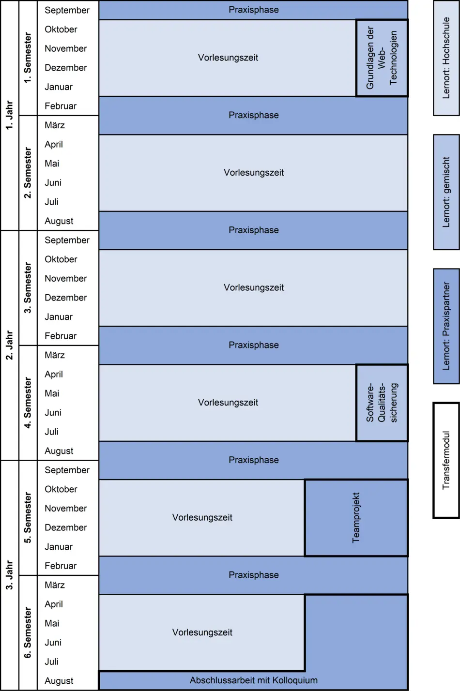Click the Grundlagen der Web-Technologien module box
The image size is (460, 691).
click(382, 58)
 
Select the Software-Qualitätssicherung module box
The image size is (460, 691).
click(382, 403)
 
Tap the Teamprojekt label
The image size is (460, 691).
click(356, 518)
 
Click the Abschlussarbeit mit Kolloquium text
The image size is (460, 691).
click(254, 680)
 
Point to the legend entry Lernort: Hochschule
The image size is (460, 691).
click(446, 58)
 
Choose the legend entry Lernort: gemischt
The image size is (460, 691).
click(446, 192)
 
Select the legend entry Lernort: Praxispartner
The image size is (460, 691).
click(446, 326)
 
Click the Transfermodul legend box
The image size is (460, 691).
click(446, 460)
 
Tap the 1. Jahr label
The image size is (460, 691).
click(9, 115)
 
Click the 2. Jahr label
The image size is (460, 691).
click(9, 345)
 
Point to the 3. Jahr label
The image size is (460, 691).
click(9, 575)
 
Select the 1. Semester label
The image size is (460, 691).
click(28, 58)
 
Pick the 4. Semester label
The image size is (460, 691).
click(28, 403)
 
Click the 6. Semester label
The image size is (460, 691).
click(28, 632)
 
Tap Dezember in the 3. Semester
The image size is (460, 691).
click(66, 298)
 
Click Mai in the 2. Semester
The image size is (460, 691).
click(52, 164)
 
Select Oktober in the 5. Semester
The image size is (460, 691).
click(61, 489)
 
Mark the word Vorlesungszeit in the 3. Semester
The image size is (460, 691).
click(254, 287)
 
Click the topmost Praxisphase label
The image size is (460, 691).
click(254, 10)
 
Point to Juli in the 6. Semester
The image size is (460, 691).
click(51, 661)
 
